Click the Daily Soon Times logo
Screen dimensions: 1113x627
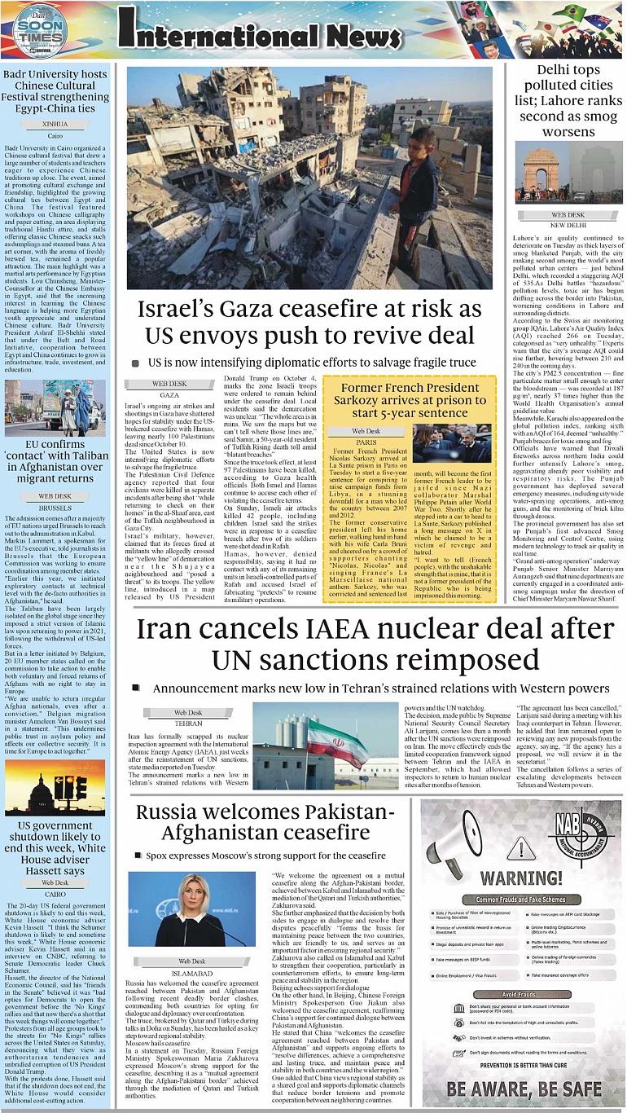tap(39, 31)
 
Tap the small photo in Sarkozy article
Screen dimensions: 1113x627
tap(452, 444)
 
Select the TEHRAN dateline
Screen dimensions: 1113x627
tap(188, 723)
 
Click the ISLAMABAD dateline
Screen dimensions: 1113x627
tap(192, 973)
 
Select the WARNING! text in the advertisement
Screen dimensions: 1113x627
tap(523, 878)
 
